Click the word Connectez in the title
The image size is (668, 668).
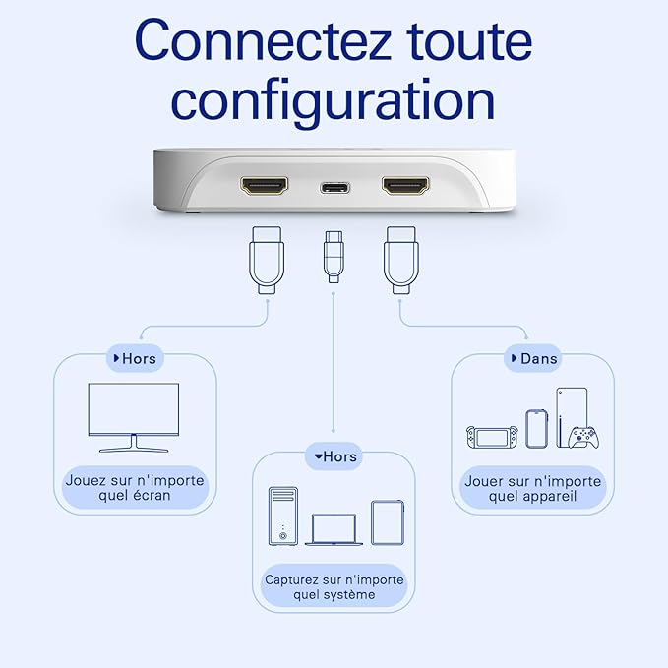(x=263, y=41)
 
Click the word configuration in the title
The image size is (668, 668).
(x=334, y=102)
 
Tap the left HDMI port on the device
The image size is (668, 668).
(x=264, y=185)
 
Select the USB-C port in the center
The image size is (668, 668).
(x=335, y=188)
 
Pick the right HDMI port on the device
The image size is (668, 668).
(x=405, y=185)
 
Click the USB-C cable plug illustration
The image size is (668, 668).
(x=334, y=258)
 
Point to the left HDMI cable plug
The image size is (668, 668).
(x=267, y=261)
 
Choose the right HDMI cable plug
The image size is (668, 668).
(x=401, y=261)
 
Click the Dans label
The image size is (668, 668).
(x=534, y=359)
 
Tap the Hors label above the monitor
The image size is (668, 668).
(x=135, y=359)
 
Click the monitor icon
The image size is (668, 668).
(x=134, y=417)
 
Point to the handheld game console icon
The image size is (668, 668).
(x=492, y=437)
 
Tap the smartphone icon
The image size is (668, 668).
(x=536, y=429)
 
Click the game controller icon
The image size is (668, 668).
(x=583, y=437)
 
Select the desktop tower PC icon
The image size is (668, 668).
(x=283, y=516)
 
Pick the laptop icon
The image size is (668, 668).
(x=334, y=529)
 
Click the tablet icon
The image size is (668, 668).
(x=388, y=522)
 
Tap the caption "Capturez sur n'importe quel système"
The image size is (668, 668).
(x=334, y=587)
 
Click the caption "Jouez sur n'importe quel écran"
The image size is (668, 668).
(x=135, y=488)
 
